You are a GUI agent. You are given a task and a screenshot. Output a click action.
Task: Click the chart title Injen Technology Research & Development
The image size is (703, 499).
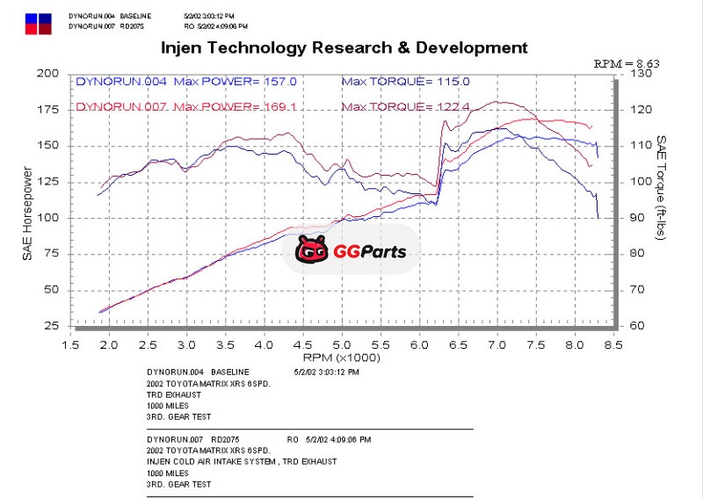click(x=345, y=47)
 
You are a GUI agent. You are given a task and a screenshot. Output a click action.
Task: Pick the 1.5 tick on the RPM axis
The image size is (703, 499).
click(x=69, y=345)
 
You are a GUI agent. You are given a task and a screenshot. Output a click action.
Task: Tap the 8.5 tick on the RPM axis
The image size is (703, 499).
click(x=613, y=345)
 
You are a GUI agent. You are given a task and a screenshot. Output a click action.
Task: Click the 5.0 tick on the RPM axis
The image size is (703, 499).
click(x=341, y=345)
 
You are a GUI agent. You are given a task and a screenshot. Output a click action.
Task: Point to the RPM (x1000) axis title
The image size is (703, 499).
click(x=340, y=358)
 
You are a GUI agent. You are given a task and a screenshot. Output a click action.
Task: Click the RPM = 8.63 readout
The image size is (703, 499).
click(x=627, y=63)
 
